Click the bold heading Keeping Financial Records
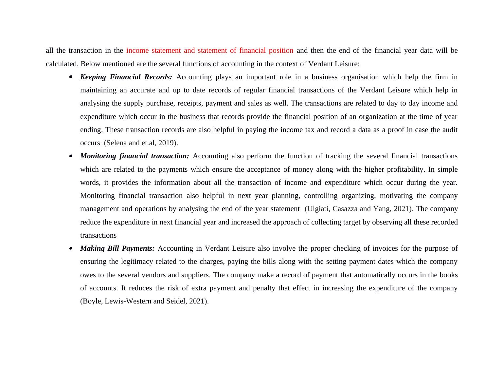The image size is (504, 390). tap(126, 77)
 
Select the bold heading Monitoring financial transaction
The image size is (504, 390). tap(135, 156)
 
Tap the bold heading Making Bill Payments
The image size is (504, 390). tap(117, 248)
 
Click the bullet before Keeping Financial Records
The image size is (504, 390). tap(71, 77)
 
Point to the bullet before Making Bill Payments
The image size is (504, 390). tap(71, 249)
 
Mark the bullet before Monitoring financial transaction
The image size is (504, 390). tap(71, 156)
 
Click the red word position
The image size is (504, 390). tap(281, 50)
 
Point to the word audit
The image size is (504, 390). tap(450, 130)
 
